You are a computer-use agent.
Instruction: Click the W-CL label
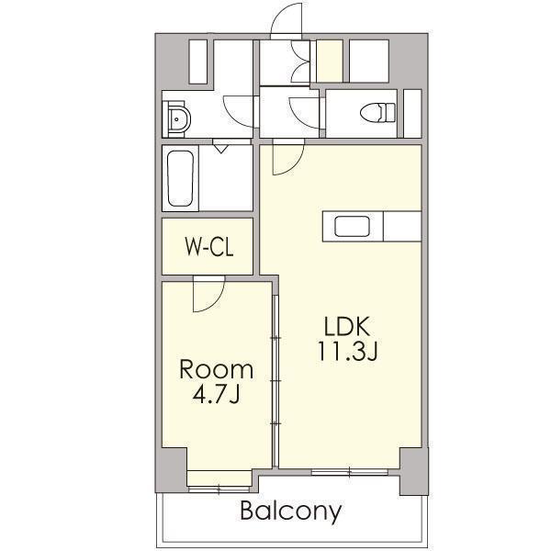209,247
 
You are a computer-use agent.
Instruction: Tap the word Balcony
291,512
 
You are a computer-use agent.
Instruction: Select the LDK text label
347,326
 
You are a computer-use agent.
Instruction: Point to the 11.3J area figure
347,351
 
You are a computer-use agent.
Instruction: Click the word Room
217,370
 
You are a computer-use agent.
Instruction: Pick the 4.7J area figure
216,394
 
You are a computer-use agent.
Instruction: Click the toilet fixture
377,112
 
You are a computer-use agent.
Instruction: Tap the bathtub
180,178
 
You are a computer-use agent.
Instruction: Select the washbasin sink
177,119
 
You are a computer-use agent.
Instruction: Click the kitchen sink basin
352,227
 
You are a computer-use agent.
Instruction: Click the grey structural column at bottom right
414,472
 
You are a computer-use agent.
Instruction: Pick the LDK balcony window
350,472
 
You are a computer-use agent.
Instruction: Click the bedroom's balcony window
219,489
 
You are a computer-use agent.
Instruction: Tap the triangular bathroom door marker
220,148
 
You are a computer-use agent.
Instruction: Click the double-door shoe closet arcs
300,62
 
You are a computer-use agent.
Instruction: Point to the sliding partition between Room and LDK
275,381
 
